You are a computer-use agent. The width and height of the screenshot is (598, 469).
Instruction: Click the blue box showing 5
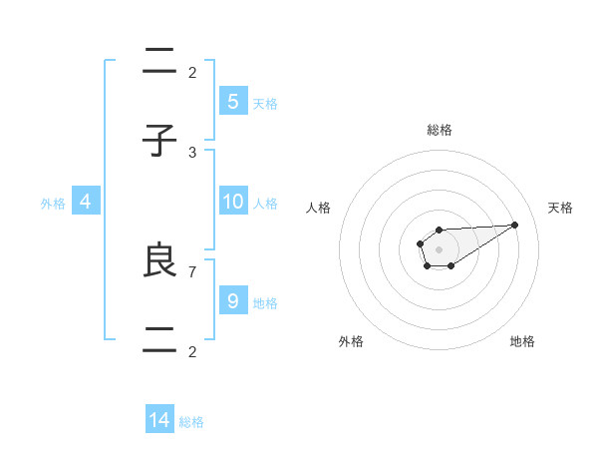pyautogui.click(x=232, y=101)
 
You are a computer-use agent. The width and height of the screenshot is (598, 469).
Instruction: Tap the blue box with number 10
pyautogui.click(x=232, y=202)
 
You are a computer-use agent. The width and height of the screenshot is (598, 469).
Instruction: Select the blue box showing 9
pyautogui.click(x=232, y=300)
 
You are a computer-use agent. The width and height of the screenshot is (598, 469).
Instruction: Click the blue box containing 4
pyautogui.click(x=86, y=202)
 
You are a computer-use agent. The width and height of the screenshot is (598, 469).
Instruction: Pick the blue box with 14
pyautogui.click(x=159, y=420)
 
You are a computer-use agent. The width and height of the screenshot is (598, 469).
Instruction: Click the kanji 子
pyautogui.click(x=159, y=142)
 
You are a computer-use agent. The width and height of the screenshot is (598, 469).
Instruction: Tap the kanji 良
pyautogui.click(x=159, y=260)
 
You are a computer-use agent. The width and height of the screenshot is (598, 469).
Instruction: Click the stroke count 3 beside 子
pyautogui.click(x=192, y=152)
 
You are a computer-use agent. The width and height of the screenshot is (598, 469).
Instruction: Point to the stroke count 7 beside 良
pyautogui.click(x=192, y=270)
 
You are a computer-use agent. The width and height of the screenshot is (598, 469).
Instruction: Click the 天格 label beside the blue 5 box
pyautogui.click(x=265, y=104)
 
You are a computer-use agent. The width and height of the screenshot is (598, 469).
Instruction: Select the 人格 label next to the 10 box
pyautogui.click(x=265, y=204)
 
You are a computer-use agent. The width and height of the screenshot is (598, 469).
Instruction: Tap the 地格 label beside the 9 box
pyautogui.click(x=265, y=303)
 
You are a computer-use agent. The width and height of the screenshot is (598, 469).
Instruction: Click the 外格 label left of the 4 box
pyautogui.click(x=53, y=204)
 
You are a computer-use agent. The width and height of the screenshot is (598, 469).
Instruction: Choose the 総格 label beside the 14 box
pyautogui.click(x=191, y=422)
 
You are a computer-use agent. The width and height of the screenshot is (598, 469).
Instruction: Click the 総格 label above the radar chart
pyautogui.click(x=439, y=130)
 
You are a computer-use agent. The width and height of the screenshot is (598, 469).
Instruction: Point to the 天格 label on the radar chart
pyautogui.click(x=561, y=208)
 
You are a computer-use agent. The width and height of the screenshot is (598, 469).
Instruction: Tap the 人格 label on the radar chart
pyautogui.click(x=318, y=208)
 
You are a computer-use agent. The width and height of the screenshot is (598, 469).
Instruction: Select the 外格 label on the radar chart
pyautogui.click(x=351, y=341)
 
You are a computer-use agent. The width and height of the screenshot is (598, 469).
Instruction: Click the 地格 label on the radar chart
pyautogui.click(x=522, y=341)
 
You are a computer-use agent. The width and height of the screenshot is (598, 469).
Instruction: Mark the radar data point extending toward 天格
pyautogui.click(x=515, y=225)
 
